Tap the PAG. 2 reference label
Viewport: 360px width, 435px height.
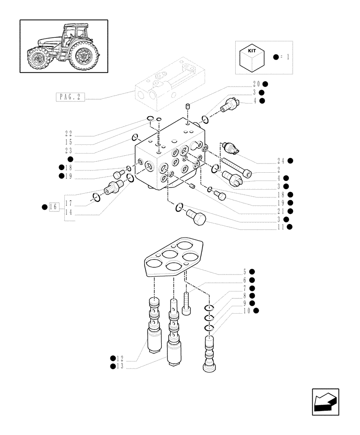[x=70, y=97]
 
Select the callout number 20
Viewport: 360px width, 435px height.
[x=256, y=84]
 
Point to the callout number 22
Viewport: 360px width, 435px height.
[x=68, y=134]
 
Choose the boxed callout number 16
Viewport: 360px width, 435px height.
[x=54, y=207]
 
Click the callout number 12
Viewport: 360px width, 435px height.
[x=120, y=358]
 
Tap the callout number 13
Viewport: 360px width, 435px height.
[x=120, y=367]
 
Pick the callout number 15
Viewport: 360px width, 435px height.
[x=68, y=142]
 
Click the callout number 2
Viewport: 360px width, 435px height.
[x=279, y=169]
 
